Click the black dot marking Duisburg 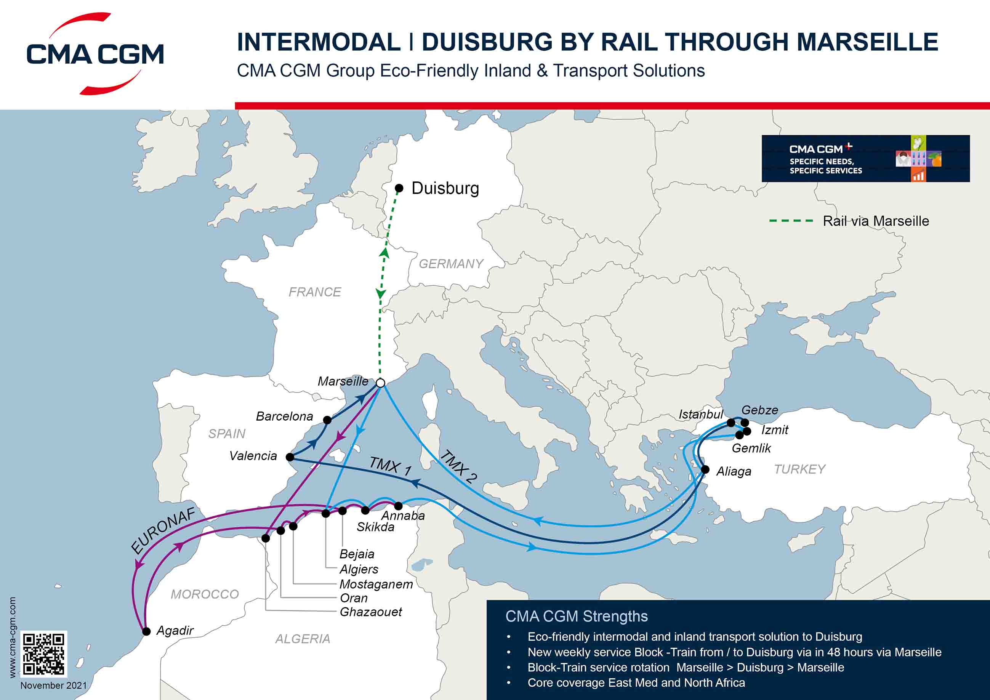click(x=399, y=188)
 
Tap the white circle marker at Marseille click(x=380, y=383)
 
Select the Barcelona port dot click(x=327, y=420)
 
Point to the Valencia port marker click(x=290, y=457)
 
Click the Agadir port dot click(x=147, y=631)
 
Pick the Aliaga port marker click(x=705, y=469)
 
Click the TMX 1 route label click(x=390, y=466)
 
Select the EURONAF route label click(x=163, y=530)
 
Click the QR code click(x=43, y=654)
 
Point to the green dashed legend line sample click(x=791, y=221)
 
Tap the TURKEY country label click(x=800, y=469)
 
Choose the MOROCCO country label click(x=205, y=594)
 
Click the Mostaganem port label click(x=376, y=584)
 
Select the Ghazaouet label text click(x=371, y=612)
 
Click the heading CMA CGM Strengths click(x=577, y=616)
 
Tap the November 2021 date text click(x=53, y=686)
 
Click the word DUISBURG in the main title click(x=487, y=42)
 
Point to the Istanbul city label click(x=701, y=415)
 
